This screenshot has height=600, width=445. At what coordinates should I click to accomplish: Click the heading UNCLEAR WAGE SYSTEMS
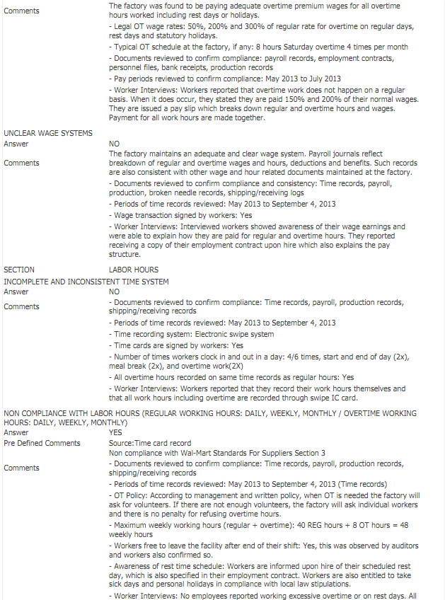(x=48, y=133)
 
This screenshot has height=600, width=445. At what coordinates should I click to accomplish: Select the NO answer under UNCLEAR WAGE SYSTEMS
(x=115, y=143)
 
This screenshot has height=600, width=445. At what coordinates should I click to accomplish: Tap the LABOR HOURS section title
(x=134, y=270)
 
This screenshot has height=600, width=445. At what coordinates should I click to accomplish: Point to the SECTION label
(x=19, y=270)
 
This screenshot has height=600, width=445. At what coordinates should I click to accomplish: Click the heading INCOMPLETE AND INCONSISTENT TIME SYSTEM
(x=86, y=280)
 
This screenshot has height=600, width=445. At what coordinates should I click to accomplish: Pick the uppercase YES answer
(x=116, y=432)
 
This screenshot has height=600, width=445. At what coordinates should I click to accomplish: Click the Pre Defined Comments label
(x=43, y=443)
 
